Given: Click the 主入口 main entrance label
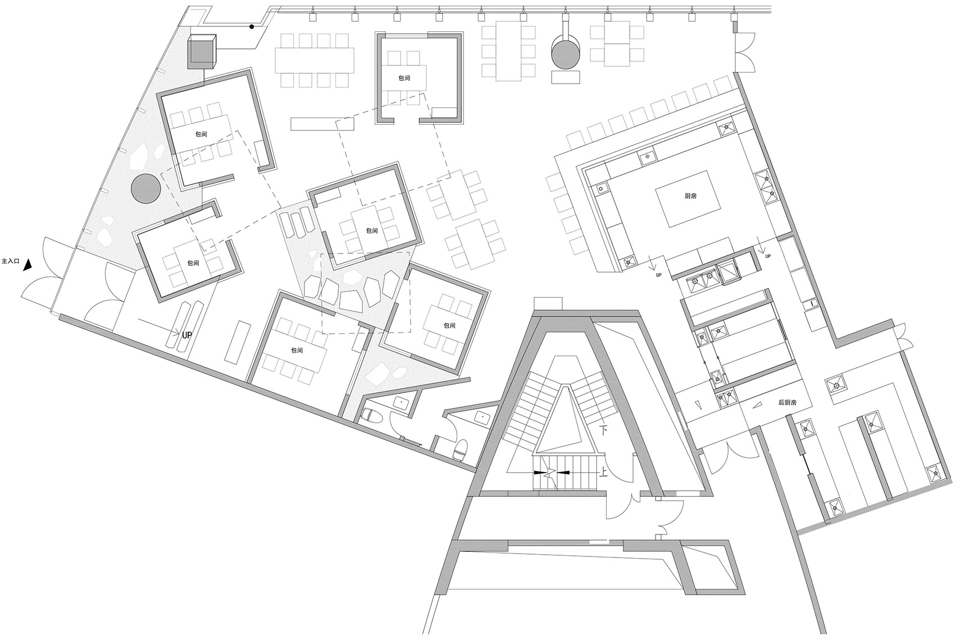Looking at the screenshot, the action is [11, 261].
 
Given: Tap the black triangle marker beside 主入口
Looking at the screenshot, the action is [28, 265].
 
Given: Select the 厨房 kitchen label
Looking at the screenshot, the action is [690, 196].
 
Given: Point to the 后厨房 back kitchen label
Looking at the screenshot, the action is [788, 402].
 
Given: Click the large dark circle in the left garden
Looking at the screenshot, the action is [146, 188].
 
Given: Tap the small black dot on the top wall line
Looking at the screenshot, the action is [252, 27].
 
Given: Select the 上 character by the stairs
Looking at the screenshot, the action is [603, 472].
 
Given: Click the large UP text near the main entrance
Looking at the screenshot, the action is [187, 336].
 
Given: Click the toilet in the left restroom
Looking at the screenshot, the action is [370, 415].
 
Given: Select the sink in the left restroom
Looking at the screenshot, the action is [401, 403].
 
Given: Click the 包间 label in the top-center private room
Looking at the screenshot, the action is [404, 79].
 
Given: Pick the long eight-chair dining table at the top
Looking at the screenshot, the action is [315, 61].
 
